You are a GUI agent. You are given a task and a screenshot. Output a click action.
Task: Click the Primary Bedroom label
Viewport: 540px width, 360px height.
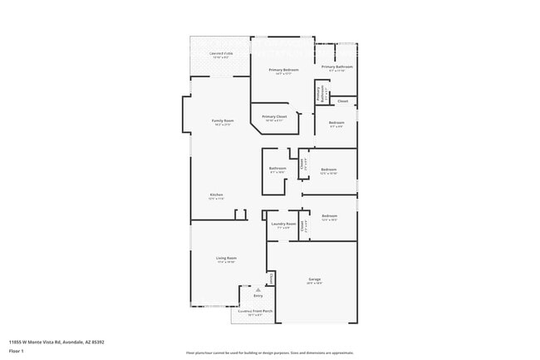coord(283,70)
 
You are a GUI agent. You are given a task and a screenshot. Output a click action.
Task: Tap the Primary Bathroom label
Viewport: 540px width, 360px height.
coord(337,67)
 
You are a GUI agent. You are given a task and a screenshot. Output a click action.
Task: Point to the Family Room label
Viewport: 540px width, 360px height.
coord(223,121)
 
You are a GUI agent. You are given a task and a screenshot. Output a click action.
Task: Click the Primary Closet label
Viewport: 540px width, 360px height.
coord(274,116)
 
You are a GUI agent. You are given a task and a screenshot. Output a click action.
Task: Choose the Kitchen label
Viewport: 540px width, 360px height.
coord(216,195)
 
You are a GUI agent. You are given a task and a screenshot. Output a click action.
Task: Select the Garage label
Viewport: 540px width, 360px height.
coord(314,279)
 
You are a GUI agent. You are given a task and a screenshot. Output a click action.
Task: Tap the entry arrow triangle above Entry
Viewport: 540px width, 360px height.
coord(258,289)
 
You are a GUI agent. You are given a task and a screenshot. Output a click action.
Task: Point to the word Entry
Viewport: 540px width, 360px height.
coord(258,296)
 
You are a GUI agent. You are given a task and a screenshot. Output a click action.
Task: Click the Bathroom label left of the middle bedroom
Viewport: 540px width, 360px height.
coord(277,169)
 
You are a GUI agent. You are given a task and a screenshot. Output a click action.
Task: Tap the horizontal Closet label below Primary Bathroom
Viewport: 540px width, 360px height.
coord(342,101)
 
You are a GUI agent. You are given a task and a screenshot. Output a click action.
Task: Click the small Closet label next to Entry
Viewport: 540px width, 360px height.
coord(271,278)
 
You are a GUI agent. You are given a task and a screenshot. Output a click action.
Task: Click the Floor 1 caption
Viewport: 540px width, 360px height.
coord(16,351)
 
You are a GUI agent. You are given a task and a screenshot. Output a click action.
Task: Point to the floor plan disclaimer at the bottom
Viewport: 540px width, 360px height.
coord(269,352)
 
